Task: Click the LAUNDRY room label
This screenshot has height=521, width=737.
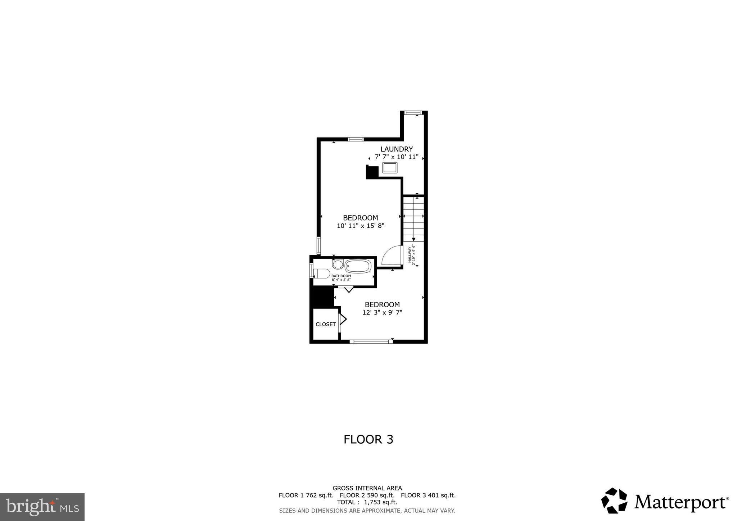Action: click(397, 149)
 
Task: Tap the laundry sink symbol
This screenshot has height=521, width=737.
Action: click(390, 168)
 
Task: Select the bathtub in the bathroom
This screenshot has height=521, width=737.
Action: click(358, 266)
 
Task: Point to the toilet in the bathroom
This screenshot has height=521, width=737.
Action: click(322, 274)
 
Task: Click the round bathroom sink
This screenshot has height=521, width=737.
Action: click(338, 264)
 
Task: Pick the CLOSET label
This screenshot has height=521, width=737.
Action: click(326, 324)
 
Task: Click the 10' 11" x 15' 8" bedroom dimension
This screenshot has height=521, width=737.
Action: click(361, 226)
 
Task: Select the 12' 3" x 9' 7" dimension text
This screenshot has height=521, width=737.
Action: click(382, 313)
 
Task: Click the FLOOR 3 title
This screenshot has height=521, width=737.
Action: click(368, 439)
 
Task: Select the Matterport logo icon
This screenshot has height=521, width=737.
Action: click(614, 500)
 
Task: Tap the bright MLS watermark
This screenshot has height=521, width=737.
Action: click(42, 507)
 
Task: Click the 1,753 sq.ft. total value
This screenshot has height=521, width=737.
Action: click(381, 502)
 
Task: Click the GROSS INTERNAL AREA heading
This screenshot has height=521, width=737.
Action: click(367, 488)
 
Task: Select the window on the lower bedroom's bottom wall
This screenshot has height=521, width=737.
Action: click(371, 341)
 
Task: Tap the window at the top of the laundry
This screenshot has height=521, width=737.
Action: click(413, 113)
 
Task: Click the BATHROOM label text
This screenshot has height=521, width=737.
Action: click(341, 276)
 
